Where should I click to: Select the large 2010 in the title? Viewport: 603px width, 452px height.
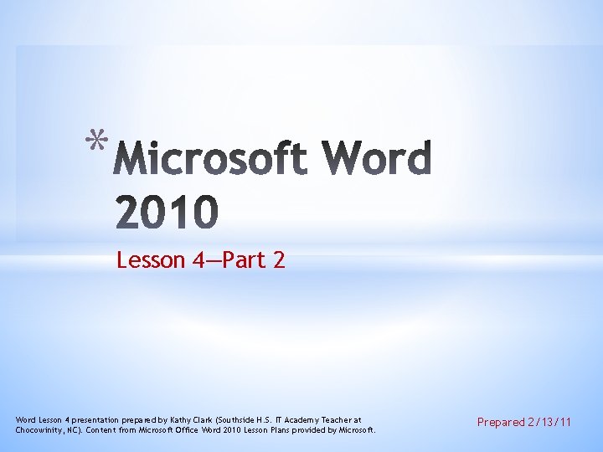[x=167, y=213]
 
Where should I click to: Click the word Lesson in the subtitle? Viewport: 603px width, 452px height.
[x=151, y=260]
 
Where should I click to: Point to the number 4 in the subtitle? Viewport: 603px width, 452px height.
[x=198, y=260]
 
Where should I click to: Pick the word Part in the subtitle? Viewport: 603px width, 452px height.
[x=243, y=260]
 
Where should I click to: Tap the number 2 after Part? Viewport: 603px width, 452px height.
[x=279, y=260]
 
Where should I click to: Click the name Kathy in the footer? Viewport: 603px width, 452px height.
[x=176, y=419]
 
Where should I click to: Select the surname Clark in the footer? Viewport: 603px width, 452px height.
[x=200, y=419]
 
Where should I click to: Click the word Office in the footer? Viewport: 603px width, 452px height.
[x=183, y=429]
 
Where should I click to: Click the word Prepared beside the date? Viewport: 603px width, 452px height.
[x=500, y=423]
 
